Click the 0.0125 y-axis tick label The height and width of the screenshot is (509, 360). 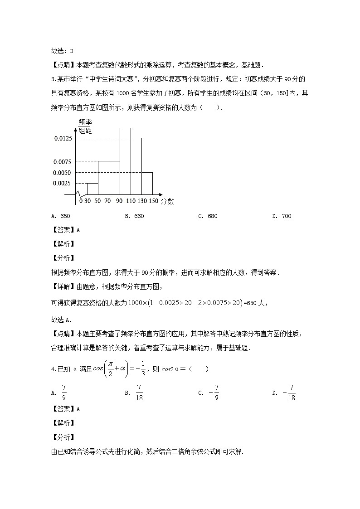63,138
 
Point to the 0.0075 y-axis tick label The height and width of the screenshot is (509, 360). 63,162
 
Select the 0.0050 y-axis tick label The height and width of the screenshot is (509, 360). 63,173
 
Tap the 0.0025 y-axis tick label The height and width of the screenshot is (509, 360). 63,183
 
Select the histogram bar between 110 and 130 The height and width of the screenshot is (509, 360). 136,166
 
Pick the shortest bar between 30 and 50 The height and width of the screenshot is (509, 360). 92,189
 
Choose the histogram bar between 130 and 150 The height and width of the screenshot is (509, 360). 147,183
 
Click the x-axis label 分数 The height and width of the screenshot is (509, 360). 167,201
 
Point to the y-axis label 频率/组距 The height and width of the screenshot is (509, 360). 85,126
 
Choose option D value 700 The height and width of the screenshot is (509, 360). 286,216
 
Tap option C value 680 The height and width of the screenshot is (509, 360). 212,216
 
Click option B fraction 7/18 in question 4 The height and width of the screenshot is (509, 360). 139,393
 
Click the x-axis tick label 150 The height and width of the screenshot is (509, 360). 153,201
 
